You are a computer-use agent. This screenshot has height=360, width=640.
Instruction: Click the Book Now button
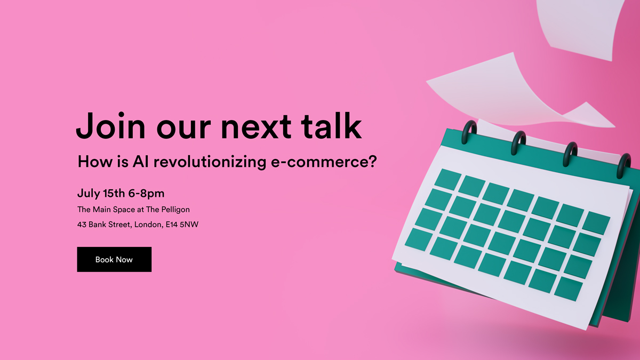point(114,259)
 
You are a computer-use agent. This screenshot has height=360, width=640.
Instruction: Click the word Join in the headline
point(111,126)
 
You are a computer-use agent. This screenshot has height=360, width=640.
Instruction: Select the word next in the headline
point(257,127)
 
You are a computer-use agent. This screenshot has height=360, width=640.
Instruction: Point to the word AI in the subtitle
point(141,162)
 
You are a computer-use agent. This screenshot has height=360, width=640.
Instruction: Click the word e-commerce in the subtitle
point(318,162)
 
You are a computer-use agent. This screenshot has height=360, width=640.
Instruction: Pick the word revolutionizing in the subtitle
point(210,162)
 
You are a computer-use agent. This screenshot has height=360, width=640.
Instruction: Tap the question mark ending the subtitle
point(372,161)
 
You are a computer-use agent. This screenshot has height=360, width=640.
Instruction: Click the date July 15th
point(101,194)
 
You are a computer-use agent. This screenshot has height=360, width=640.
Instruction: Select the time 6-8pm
point(146,194)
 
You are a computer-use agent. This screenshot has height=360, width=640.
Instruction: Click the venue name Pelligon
point(175,210)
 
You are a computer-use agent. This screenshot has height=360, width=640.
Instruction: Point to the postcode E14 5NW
point(182,225)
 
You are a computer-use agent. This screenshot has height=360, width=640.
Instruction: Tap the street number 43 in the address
point(82,225)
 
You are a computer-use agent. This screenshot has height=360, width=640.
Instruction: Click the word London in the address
point(149,225)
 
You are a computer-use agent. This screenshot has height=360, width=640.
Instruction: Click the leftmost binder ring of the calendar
point(469,132)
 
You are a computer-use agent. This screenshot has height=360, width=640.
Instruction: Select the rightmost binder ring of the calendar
point(623,166)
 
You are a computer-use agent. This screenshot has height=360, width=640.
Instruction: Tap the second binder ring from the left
point(518,143)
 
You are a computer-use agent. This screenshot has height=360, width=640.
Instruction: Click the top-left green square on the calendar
point(448,179)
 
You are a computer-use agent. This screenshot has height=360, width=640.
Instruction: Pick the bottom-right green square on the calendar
point(569,289)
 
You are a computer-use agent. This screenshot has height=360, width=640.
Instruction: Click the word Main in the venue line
point(102,210)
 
